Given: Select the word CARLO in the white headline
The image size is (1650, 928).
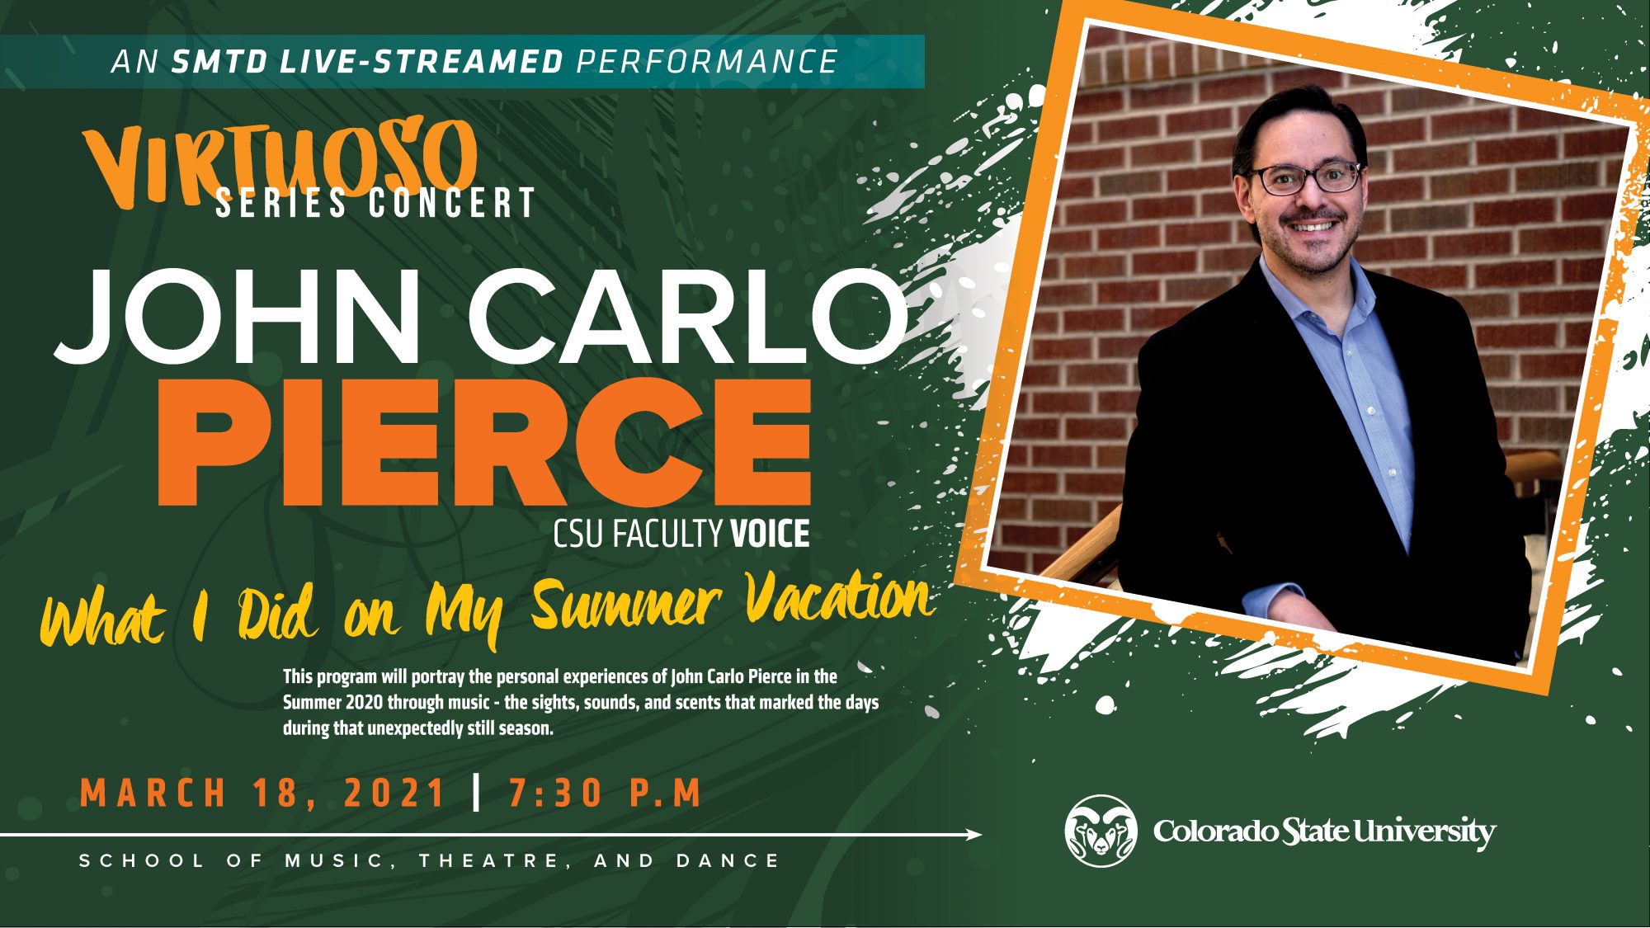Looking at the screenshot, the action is click(x=689, y=316).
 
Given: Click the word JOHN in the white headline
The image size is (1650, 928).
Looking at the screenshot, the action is click(x=239, y=316).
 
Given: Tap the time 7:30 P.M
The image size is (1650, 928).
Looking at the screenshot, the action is click(x=605, y=793).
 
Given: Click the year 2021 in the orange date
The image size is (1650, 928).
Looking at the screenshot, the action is click(x=394, y=793).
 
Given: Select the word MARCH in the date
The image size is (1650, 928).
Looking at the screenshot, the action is click(x=153, y=793).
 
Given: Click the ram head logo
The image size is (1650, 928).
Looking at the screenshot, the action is click(x=1100, y=831).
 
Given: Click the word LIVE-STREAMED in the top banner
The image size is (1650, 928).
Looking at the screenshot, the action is click(x=422, y=62).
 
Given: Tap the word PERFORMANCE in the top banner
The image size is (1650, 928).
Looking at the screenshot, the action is click(x=707, y=62).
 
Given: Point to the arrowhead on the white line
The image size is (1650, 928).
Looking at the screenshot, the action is click(x=975, y=835).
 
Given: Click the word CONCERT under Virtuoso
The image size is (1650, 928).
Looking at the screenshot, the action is click(x=453, y=203).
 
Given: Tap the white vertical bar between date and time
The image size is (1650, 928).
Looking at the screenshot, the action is click(x=477, y=793).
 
